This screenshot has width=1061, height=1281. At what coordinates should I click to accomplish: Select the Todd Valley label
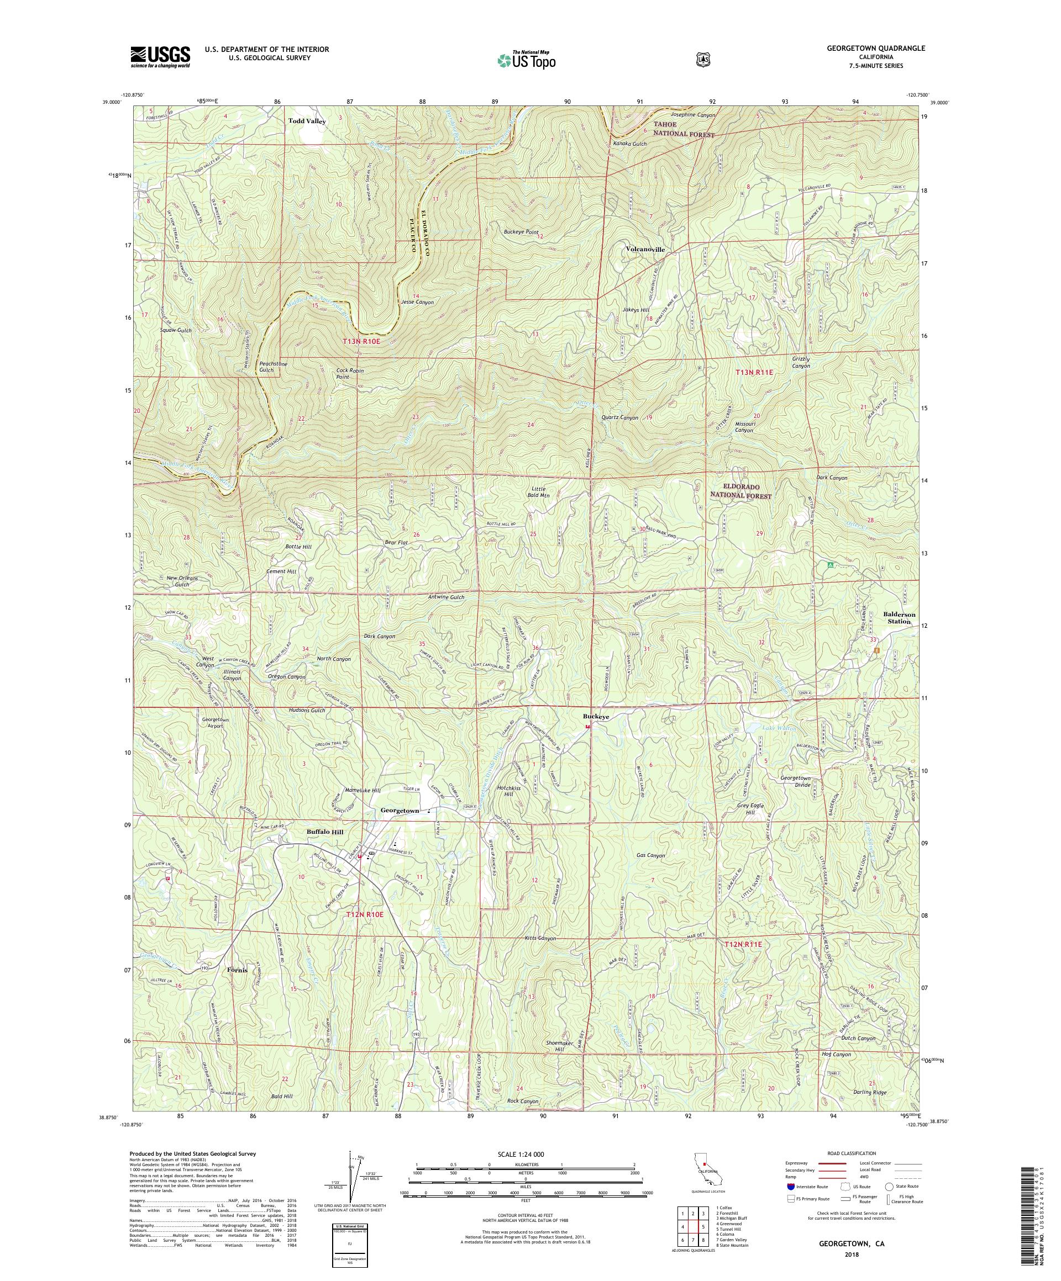click(x=307, y=121)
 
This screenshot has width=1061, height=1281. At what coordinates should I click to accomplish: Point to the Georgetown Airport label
click(x=216, y=723)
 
